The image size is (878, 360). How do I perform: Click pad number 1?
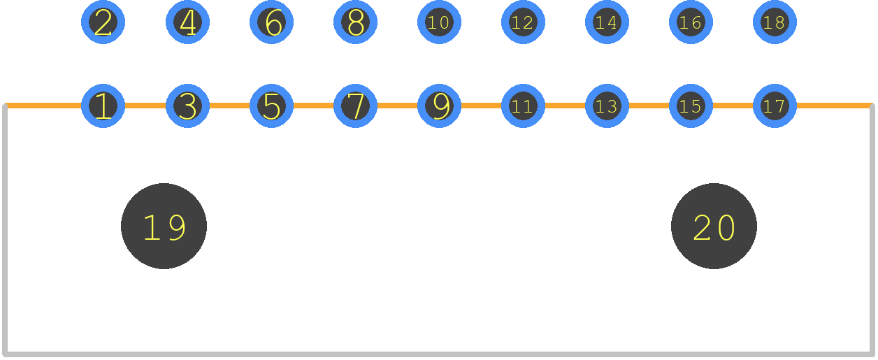click(x=103, y=106)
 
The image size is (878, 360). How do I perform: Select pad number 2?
click(x=103, y=22)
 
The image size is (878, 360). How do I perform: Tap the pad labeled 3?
click(x=188, y=106)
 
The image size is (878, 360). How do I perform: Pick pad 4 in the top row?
click(x=188, y=22)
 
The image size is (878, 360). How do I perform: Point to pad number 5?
click(x=272, y=106)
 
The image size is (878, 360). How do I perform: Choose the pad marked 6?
click(x=272, y=22)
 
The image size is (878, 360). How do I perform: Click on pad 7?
click(x=356, y=106)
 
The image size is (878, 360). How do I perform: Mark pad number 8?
click(x=356, y=22)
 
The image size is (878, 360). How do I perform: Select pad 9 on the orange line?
click(x=440, y=106)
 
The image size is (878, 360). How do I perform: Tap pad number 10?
click(x=440, y=22)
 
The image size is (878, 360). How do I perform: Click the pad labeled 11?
click(x=524, y=106)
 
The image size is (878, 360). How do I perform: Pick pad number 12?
click(x=524, y=22)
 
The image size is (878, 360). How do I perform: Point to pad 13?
click(x=607, y=106)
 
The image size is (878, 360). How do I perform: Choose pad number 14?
click(x=607, y=22)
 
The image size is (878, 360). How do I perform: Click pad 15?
click(x=691, y=106)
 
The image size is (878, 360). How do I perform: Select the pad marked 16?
click(x=691, y=22)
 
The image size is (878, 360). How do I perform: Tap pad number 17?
click(x=775, y=106)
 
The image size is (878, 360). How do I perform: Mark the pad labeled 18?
click(x=775, y=22)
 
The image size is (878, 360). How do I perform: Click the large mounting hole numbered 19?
click(x=164, y=226)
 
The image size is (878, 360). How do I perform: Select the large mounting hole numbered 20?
click(x=714, y=226)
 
